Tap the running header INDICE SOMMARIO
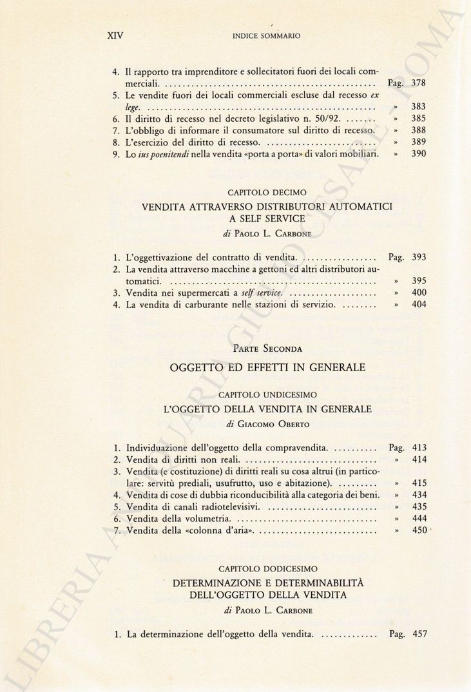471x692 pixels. pyautogui.click(x=266, y=37)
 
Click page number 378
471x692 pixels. pyautogui.click(x=419, y=83)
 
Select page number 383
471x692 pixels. pyautogui.click(x=419, y=107)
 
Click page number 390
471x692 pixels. pyautogui.click(x=419, y=155)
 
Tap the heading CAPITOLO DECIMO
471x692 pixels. pyautogui.click(x=267, y=193)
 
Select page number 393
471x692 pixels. pyautogui.click(x=419, y=257)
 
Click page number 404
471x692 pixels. pyautogui.click(x=419, y=305)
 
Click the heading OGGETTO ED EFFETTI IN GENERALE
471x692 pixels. pyautogui.click(x=267, y=368)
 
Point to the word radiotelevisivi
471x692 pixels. pyautogui.click(x=231, y=506)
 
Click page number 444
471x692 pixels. pyautogui.click(x=419, y=518)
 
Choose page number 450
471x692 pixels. pyautogui.click(x=419, y=530)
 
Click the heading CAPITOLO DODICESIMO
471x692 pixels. pyautogui.click(x=267, y=569)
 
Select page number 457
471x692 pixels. pyautogui.click(x=419, y=634)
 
